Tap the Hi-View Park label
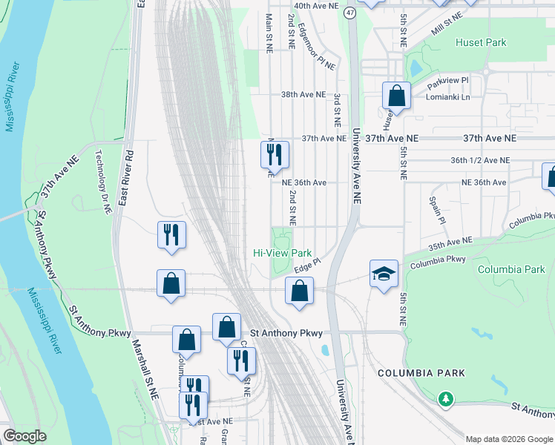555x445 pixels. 282,253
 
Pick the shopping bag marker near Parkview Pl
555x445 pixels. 397,96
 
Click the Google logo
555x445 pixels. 24,436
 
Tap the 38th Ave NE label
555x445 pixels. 303,95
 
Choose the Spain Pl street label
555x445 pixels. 436,211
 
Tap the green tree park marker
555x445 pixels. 445,399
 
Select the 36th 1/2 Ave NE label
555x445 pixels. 480,160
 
